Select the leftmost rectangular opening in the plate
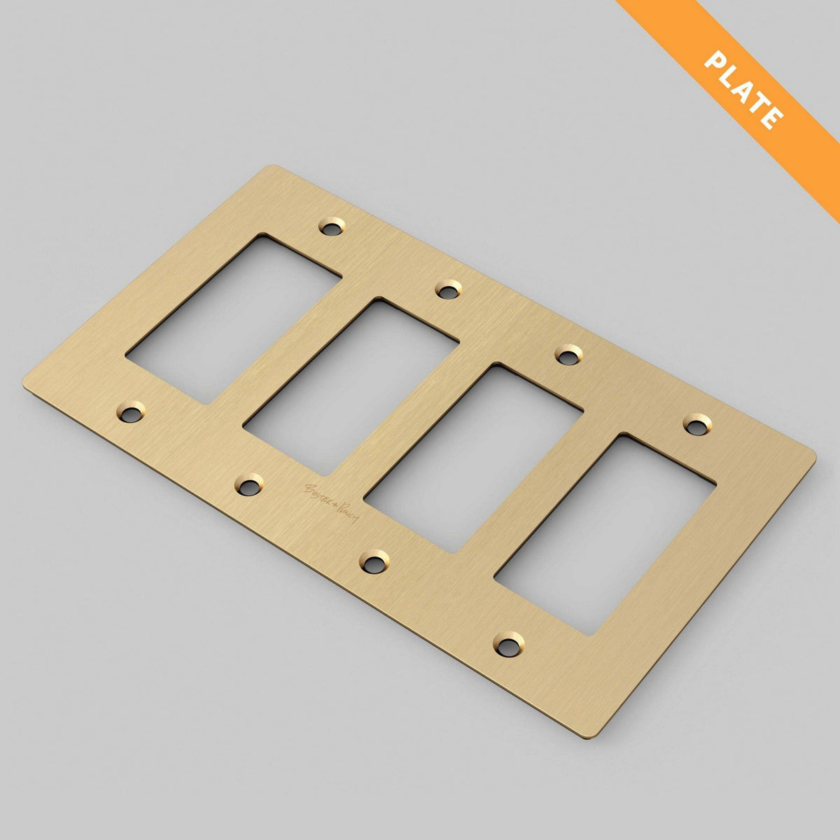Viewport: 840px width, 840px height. pos(234,319)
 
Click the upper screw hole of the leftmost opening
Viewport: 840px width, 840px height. pos(332,226)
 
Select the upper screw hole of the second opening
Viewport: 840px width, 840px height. pos(448,288)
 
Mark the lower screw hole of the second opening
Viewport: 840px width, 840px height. pos(248,484)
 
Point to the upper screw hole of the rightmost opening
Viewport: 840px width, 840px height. pos(696,423)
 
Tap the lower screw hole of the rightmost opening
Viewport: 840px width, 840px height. pos(508,642)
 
